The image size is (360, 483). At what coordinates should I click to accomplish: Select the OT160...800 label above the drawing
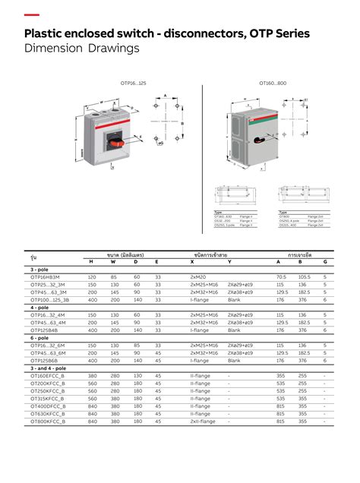click(x=273, y=82)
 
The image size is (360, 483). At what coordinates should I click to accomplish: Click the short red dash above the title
click(x=32, y=15)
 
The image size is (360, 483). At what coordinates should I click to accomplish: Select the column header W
click(x=113, y=261)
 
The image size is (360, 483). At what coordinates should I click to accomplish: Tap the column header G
click(x=324, y=261)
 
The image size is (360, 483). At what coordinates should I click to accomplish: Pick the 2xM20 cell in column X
click(x=198, y=277)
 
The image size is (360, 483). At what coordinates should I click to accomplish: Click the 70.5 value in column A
click(x=281, y=277)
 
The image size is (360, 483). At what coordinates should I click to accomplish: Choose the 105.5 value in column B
click(x=304, y=277)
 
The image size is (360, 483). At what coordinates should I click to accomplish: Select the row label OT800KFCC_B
click(x=48, y=421)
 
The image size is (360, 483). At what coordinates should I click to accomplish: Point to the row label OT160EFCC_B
click(x=48, y=375)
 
